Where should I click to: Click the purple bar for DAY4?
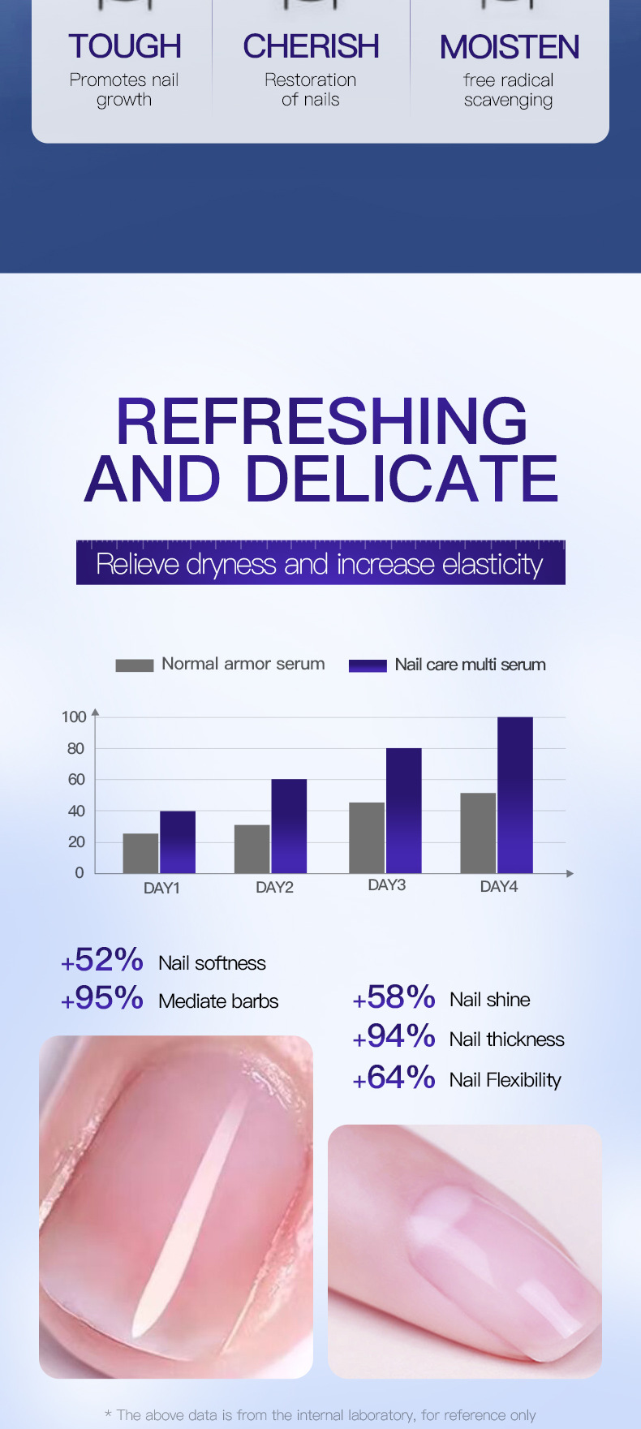coord(515,795)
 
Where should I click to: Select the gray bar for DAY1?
coord(140,853)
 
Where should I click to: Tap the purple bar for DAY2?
coord(289,826)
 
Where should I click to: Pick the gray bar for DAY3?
coord(367,837)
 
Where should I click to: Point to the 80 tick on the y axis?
coord(75,748)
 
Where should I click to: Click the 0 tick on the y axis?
coord(80,873)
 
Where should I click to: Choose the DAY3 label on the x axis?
coord(386,885)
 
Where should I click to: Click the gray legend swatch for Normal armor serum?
coord(134,665)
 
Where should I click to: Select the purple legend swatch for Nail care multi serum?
coord(367,665)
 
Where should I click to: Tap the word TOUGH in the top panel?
coord(124,47)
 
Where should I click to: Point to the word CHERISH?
coord(311,47)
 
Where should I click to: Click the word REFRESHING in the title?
coord(321,421)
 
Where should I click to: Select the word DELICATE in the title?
coord(402,479)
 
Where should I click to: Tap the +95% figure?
coord(102,999)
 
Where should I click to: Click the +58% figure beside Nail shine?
coord(394,997)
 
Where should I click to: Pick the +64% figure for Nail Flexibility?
coord(394,1078)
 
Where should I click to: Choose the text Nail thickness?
coord(506,1039)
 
